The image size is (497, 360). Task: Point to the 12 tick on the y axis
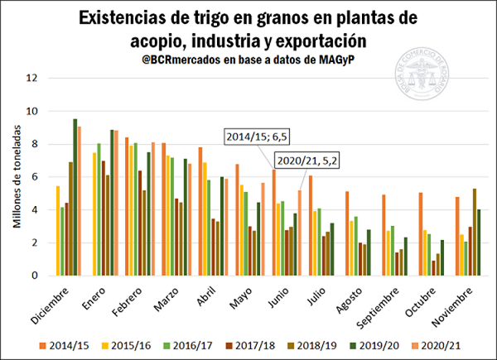[31, 79]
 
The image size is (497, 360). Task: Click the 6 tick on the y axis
[34, 177]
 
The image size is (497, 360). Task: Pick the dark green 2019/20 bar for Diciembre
[75, 197]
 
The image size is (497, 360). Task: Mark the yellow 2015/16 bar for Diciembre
[57, 231]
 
